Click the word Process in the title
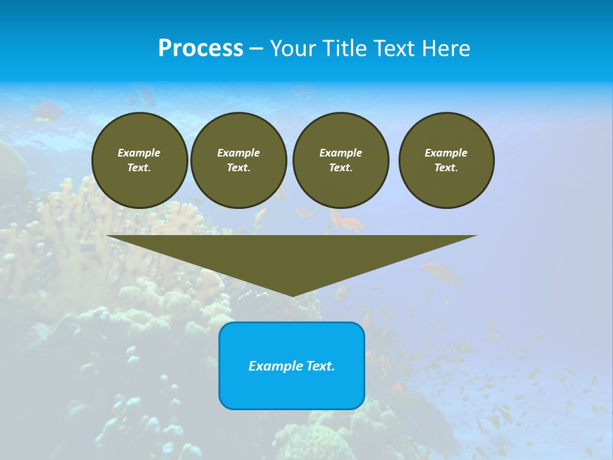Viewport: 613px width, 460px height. click(x=201, y=48)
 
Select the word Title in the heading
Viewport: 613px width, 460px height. click(x=346, y=48)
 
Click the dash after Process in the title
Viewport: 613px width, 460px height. click(x=257, y=49)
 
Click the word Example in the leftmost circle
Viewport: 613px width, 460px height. click(x=139, y=153)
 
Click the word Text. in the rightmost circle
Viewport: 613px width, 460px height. click(x=446, y=168)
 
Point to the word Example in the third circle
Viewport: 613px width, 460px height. click(x=340, y=153)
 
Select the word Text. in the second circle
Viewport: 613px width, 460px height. click(x=238, y=168)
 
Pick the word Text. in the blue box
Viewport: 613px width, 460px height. click(x=321, y=366)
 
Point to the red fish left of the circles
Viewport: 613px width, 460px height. click(x=47, y=111)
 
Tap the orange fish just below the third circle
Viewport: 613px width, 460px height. click(x=350, y=224)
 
